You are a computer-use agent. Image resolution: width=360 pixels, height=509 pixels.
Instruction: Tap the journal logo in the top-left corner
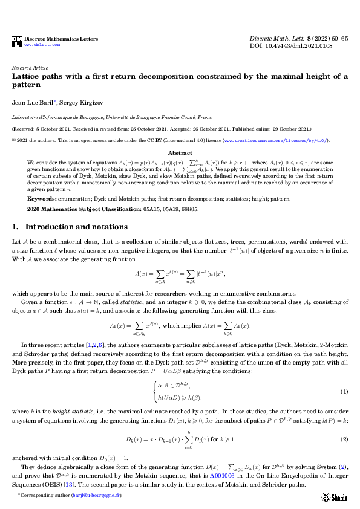click(17, 41)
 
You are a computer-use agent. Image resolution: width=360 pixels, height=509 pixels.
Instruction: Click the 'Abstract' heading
click(180, 153)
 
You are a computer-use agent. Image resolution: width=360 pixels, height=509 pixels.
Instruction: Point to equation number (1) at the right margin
click(344, 375)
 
